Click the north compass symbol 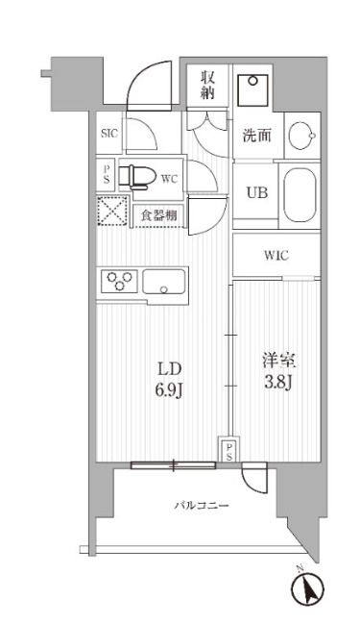[312, 588]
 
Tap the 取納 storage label [206, 86]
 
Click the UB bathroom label [255, 191]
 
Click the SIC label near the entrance [108, 135]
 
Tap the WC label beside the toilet [169, 178]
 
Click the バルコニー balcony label [201, 506]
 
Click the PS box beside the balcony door [229, 451]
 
